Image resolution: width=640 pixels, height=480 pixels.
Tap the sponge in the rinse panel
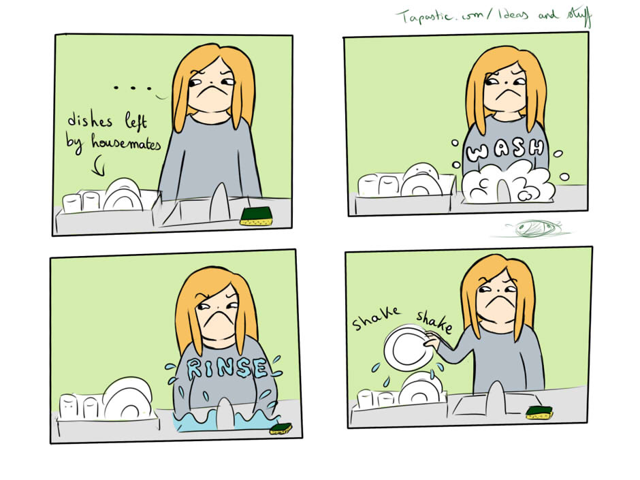coord(281,428)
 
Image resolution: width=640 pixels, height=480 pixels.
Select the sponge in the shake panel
coord(539,413)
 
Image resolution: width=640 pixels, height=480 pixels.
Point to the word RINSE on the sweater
coord(227,368)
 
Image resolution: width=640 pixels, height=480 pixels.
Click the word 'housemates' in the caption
coord(126,142)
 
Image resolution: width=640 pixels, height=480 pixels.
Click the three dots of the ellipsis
coord(133,87)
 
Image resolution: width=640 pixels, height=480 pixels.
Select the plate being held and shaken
coord(408,347)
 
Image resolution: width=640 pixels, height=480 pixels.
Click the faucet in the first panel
coord(220,202)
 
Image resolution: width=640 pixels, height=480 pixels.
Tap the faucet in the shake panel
coord(496,399)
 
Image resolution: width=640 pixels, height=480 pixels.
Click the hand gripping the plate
coord(431,340)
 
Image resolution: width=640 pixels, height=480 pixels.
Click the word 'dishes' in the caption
coord(90,120)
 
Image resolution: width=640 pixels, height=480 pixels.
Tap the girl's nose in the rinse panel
coord(219,307)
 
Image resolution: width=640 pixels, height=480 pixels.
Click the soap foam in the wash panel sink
coord(509,182)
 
